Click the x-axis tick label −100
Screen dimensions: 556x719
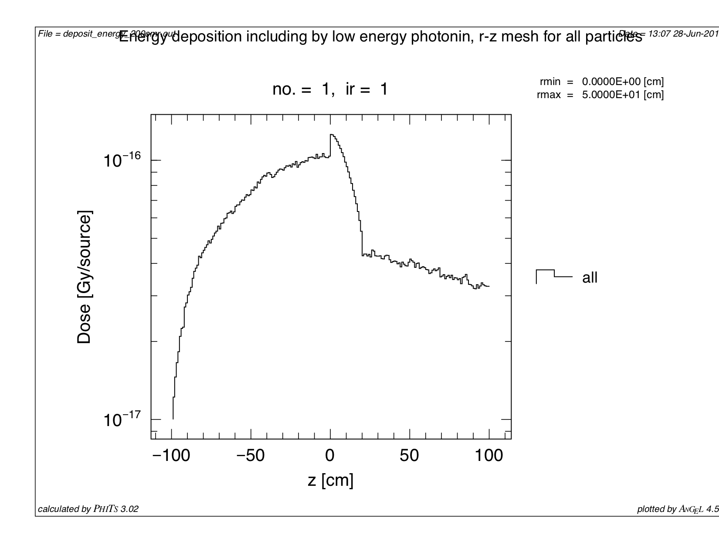(x=171, y=456)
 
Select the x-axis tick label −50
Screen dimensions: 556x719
(x=251, y=456)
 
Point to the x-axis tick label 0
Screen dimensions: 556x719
(x=330, y=456)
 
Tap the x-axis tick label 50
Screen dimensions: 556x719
(x=409, y=456)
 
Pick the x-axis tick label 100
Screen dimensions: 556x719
(x=488, y=456)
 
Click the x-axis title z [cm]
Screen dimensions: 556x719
(x=330, y=480)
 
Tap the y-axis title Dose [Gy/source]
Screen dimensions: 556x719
(x=84, y=277)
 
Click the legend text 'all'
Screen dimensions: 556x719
(x=590, y=278)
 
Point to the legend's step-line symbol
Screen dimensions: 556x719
(x=553, y=275)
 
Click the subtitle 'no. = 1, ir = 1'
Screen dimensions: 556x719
(x=330, y=89)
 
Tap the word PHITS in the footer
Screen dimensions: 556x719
(x=105, y=509)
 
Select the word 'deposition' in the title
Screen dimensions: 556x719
(x=207, y=37)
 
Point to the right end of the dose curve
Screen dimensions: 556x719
(x=489, y=286)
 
